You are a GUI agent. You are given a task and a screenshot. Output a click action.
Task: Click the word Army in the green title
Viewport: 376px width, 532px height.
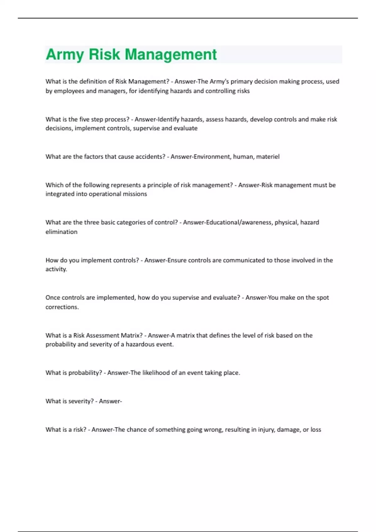click(x=65, y=54)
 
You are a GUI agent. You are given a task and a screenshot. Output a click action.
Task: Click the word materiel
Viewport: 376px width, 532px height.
click(x=268, y=156)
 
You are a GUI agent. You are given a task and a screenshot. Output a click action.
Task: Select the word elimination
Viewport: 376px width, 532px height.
click(x=61, y=232)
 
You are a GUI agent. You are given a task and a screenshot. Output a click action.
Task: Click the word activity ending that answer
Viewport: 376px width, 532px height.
click(x=56, y=269)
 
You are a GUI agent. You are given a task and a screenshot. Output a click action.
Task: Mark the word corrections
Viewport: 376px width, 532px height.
click(x=62, y=307)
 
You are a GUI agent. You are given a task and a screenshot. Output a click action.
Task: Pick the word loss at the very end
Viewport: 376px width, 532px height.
click(x=316, y=430)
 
